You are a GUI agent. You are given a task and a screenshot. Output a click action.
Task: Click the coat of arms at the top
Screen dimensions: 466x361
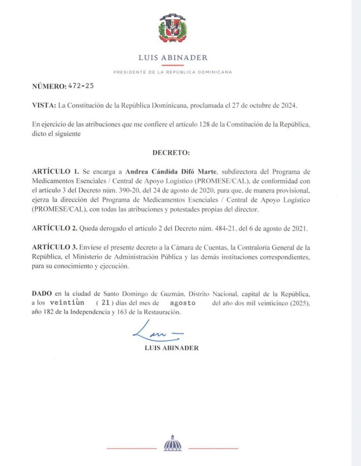tap(173, 29)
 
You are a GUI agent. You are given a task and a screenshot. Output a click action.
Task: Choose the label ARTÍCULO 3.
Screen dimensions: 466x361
tap(55, 247)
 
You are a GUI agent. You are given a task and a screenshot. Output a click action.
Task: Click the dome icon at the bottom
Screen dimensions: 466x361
tap(172, 444)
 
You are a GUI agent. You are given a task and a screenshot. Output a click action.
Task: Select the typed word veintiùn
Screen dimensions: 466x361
tap(67, 303)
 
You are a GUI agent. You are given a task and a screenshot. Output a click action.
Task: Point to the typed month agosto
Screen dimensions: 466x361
tap(182, 303)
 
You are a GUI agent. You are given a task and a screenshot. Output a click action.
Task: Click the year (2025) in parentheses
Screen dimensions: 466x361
tap(300, 303)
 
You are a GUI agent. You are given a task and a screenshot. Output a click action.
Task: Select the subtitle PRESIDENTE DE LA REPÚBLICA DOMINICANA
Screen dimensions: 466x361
tap(173, 72)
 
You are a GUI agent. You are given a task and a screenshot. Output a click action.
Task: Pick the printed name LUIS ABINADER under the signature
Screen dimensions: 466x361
tap(173, 348)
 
